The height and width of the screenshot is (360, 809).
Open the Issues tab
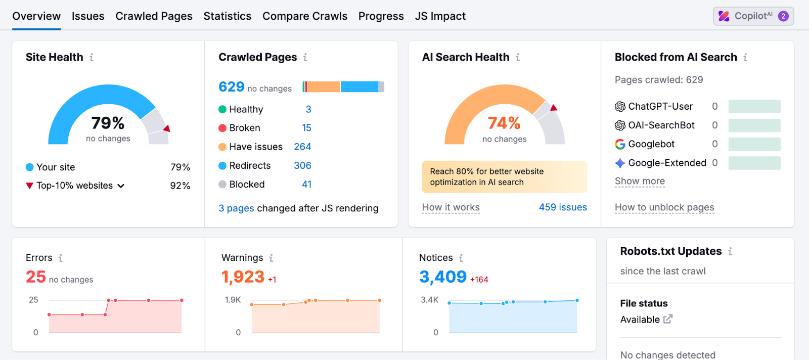coord(88,16)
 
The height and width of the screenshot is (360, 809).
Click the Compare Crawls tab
coord(305,16)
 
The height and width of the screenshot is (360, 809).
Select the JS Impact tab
coord(440,16)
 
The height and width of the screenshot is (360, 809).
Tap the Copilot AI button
coord(753,16)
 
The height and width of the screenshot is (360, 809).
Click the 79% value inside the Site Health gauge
coord(108,123)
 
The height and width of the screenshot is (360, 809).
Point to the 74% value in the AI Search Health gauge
coord(504,123)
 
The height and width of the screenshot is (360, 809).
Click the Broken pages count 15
coord(306,128)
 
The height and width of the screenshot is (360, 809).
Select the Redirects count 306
coord(302,165)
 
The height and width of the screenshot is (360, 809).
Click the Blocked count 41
coord(306,185)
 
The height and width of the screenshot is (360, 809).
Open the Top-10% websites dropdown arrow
coord(121,186)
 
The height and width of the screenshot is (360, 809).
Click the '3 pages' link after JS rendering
coord(236,208)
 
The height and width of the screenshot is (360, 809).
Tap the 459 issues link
coord(562,207)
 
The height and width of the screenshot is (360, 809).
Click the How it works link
coord(451,207)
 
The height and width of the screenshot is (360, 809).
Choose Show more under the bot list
coord(640,181)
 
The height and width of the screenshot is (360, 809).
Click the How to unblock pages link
coord(664,207)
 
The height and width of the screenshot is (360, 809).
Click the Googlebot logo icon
coord(620,144)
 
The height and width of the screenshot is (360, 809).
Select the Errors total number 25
coord(36,277)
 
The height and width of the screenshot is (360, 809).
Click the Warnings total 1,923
coord(243,277)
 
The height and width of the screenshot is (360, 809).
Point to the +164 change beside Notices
coord(479,280)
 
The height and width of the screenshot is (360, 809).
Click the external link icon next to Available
coord(668,319)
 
